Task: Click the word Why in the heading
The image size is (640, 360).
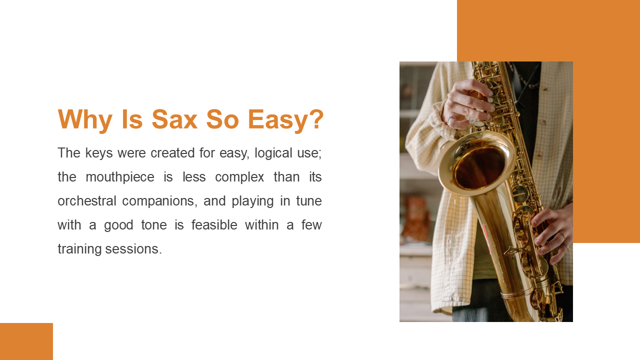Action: (x=85, y=120)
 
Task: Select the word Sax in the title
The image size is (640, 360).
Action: (x=174, y=119)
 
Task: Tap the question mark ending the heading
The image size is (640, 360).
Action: (x=316, y=119)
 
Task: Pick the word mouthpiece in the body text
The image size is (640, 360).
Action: (x=120, y=177)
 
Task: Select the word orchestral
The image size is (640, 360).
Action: (x=87, y=201)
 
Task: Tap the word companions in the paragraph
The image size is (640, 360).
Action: (x=159, y=201)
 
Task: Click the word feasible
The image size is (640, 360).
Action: (x=214, y=225)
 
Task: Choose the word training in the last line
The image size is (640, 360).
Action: (x=79, y=249)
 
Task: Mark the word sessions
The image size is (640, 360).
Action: (x=133, y=249)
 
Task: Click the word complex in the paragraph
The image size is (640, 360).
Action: (x=239, y=177)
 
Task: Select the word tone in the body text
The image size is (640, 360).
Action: (x=154, y=225)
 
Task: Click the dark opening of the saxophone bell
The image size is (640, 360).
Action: (x=479, y=167)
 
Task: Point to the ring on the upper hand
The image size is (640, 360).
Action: (x=451, y=118)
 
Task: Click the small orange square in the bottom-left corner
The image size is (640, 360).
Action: (x=26, y=341)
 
